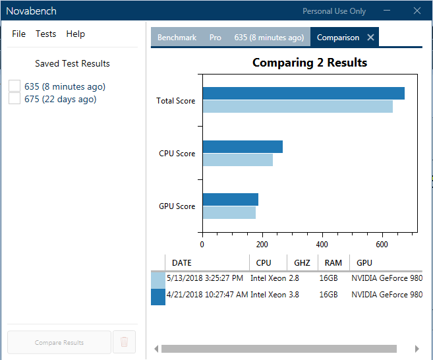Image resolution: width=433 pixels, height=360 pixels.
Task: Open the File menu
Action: coord(18,34)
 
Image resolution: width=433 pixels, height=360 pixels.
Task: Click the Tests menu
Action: coord(45,34)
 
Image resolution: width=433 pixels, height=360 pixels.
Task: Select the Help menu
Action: coord(76,34)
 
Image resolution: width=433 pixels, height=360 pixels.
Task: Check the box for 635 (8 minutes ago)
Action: coord(14,86)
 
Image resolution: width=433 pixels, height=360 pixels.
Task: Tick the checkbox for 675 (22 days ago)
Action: coord(14,99)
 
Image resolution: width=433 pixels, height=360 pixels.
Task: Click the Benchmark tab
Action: coord(176,38)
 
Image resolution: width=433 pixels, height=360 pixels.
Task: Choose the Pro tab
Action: coord(215,38)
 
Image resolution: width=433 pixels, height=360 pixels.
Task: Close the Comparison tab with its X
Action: coord(370,38)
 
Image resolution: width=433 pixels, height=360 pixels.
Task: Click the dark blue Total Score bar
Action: coord(303,94)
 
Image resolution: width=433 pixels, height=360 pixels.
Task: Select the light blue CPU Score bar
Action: coord(237,160)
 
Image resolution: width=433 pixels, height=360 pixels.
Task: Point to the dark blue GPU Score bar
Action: coord(230,200)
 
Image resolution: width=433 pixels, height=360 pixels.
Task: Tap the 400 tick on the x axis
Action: coord(322,244)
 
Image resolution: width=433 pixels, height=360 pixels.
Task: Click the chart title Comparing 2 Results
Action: coord(310,63)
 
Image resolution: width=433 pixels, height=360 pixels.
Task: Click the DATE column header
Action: coord(182,263)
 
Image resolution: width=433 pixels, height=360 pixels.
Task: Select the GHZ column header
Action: coord(302,263)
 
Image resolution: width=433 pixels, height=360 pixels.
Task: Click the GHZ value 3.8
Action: coord(294,294)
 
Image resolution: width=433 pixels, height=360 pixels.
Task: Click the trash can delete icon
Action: coord(124,342)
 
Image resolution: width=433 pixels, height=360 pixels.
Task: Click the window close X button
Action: coord(417,11)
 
